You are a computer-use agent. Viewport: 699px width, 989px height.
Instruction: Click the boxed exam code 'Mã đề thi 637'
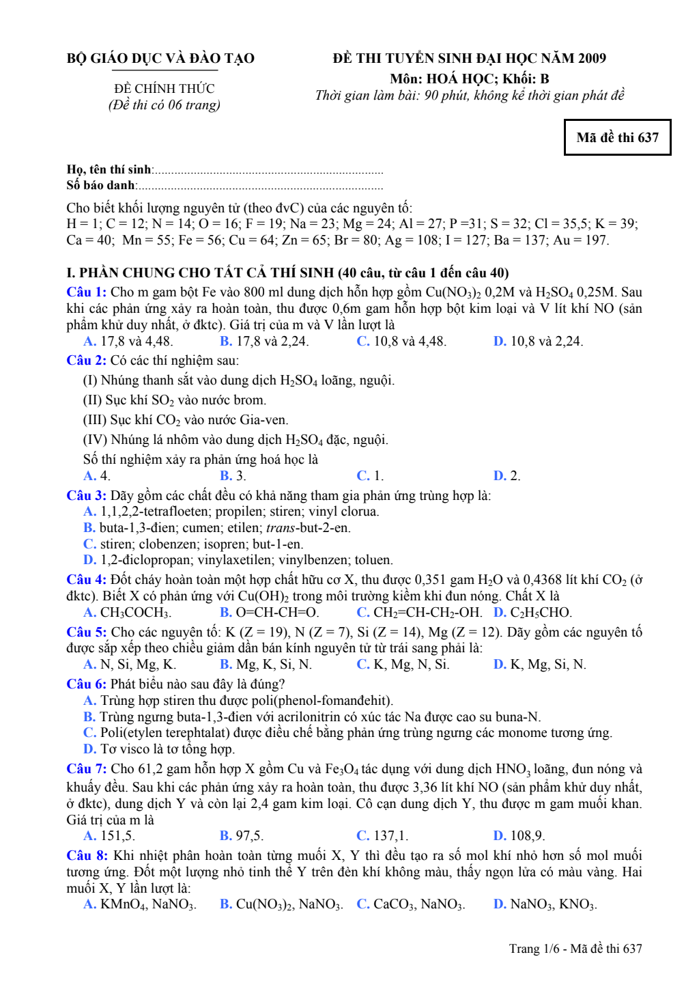point(617,137)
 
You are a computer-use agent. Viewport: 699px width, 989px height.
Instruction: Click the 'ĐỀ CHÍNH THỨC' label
point(164,89)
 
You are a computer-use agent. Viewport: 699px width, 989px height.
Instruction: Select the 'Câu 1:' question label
point(86,292)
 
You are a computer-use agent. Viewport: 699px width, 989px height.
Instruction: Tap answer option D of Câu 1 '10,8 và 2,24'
point(538,342)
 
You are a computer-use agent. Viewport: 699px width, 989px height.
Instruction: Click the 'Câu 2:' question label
point(86,361)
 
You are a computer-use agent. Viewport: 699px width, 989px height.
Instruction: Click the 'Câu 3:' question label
point(86,496)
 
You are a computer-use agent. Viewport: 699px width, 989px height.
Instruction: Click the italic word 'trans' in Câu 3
point(280,528)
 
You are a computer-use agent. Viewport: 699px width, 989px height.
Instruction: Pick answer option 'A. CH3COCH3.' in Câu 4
point(128,613)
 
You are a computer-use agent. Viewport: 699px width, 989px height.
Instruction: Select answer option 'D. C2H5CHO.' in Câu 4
point(532,613)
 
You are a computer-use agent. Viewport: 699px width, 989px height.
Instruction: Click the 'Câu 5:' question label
point(86,632)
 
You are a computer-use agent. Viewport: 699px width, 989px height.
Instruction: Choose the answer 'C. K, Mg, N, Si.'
point(403,665)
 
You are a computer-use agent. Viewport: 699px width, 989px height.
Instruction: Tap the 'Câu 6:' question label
point(86,684)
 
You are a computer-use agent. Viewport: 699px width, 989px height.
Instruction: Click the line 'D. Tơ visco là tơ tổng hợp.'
point(158,749)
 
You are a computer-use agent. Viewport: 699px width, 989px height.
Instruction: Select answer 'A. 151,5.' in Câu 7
point(109,836)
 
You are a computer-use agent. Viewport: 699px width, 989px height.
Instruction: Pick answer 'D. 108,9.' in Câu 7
point(519,836)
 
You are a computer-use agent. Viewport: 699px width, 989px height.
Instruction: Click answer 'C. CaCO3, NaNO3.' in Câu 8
point(410,905)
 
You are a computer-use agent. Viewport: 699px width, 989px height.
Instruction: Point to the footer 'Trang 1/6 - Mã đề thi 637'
point(575,949)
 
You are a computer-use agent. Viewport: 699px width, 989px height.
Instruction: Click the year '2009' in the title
point(592,59)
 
